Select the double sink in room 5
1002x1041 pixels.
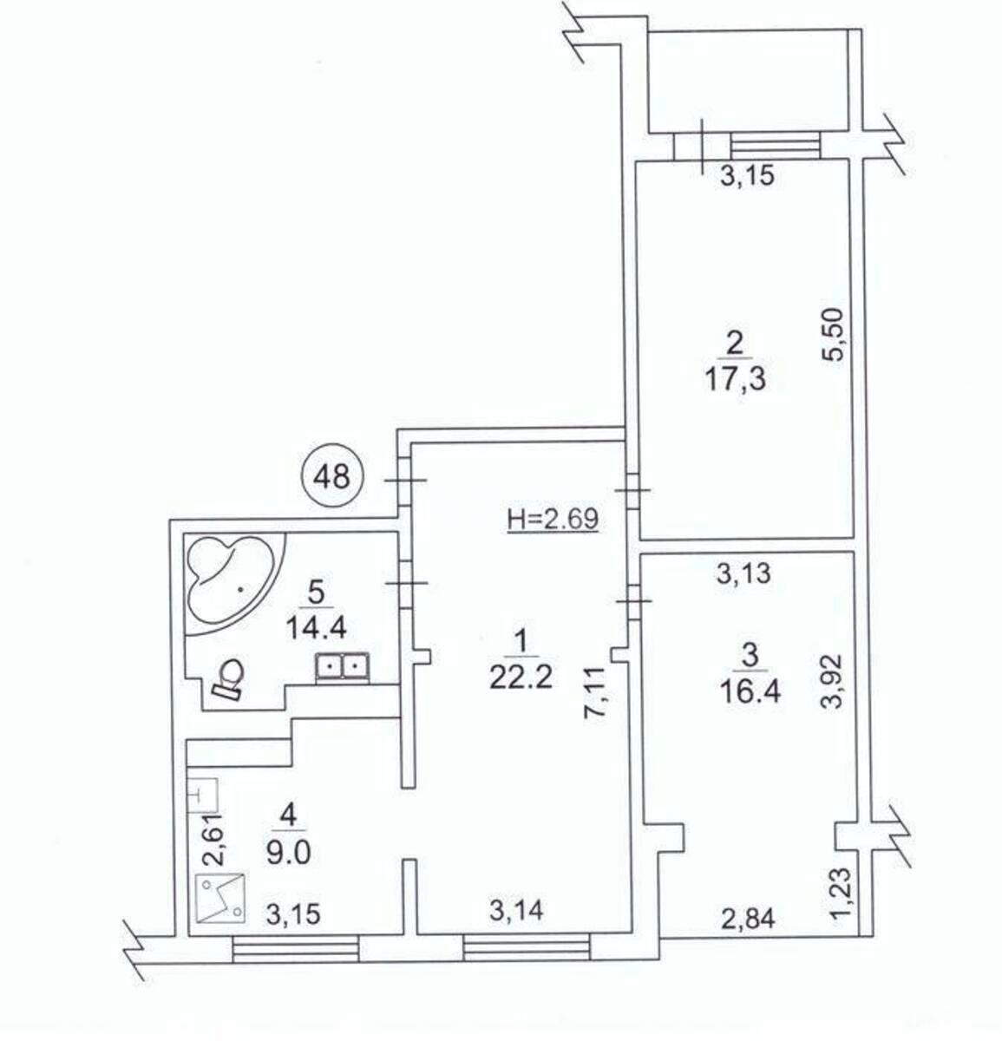pos(344,666)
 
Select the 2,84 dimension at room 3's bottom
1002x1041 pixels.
pos(748,918)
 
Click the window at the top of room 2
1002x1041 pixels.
pos(775,145)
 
